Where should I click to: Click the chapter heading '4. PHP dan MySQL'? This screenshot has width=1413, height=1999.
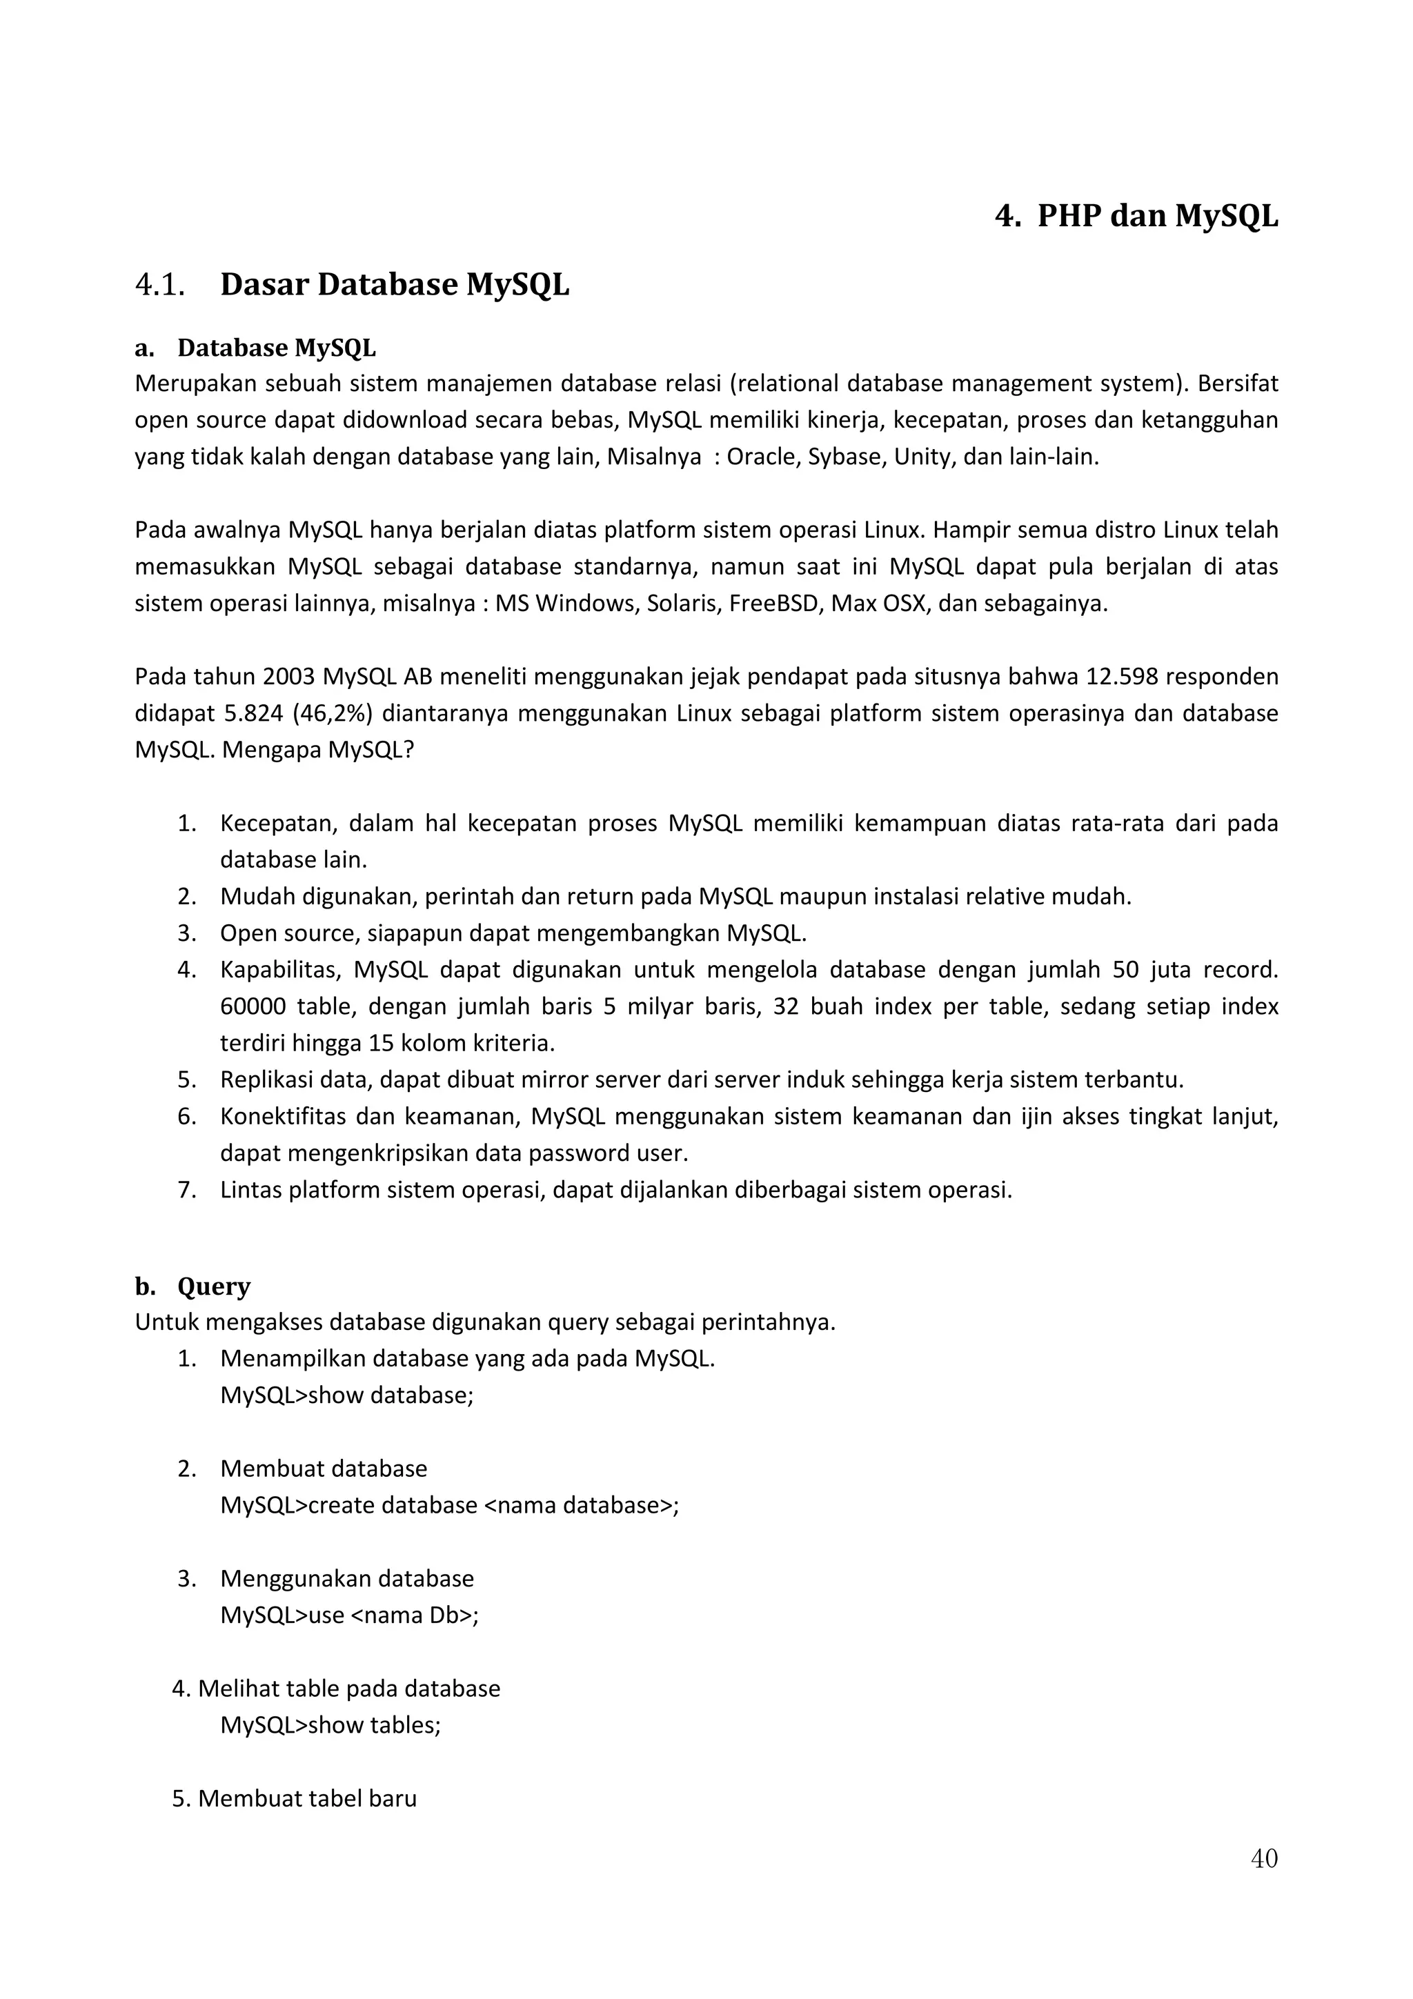pos(1136,216)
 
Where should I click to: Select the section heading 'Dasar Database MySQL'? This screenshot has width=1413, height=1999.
pos(395,285)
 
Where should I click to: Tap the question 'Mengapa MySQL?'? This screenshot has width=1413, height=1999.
pos(318,750)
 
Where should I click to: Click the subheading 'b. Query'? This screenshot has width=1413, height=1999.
pos(193,1287)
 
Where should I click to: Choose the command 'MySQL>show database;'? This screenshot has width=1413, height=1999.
pos(346,1395)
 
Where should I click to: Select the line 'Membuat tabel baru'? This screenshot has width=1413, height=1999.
pos(306,1799)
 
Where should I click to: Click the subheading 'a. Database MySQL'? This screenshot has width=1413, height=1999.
pos(255,348)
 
